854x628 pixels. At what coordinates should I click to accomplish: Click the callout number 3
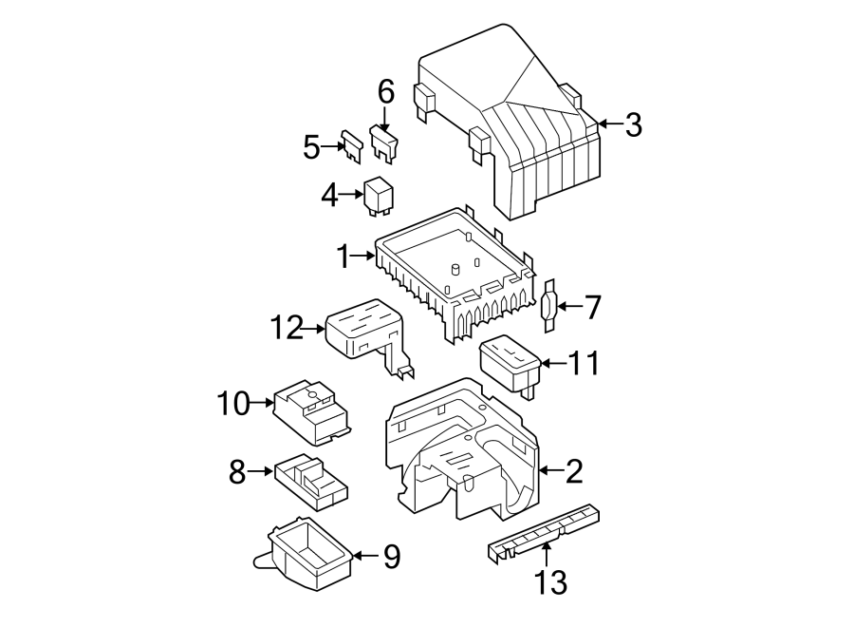click(x=633, y=124)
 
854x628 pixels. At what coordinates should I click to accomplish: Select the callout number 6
click(x=385, y=91)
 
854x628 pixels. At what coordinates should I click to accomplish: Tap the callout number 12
click(x=287, y=328)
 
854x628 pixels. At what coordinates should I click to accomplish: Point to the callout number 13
click(x=550, y=581)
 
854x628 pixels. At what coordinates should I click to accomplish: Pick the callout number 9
click(x=392, y=557)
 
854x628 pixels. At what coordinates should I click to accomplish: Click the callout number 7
click(x=592, y=307)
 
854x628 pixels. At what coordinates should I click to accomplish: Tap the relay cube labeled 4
click(x=379, y=196)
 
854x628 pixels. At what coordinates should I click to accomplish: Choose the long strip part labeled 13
click(x=544, y=531)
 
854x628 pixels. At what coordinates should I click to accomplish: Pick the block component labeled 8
click(x=311, y=483)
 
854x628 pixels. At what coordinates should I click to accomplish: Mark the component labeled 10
click(x=312, y=412)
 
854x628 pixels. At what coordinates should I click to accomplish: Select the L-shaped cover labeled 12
click(x=371, y=337)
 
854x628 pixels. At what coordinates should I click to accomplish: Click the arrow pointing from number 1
click(x=363, y=256)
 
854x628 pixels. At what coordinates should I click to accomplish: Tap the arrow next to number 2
click(x=550, y=470)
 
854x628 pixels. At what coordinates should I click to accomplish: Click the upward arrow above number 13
click(x=546, y=555)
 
